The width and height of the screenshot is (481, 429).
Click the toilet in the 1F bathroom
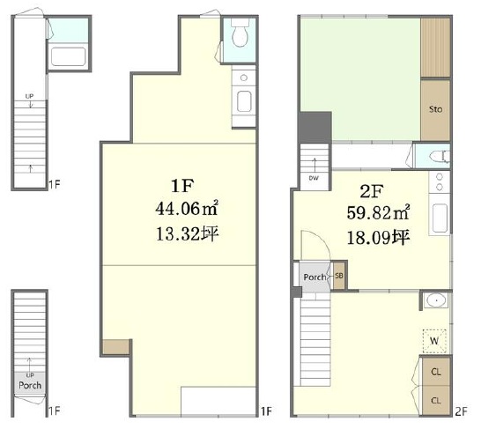coord(240,33)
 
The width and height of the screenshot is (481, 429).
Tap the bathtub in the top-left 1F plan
coord(68,56)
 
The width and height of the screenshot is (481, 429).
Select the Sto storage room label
coord(435,109)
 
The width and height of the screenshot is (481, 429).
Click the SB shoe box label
coord(338,276)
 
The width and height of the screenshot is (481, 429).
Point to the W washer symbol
coord(434,341)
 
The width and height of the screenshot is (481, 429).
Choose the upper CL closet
coord(436,372)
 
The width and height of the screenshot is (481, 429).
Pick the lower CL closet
coord(436,400)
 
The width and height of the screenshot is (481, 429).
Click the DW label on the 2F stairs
coord(314,178)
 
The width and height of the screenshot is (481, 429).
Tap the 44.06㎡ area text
coord(187,209)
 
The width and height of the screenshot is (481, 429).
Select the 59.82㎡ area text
coord(378,212)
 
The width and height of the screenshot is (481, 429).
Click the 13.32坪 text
coord(187,234)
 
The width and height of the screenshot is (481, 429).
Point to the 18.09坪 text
coord(379,237)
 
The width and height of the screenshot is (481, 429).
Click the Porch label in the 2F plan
coord(314,277)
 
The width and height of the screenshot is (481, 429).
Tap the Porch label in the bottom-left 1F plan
coord(30,385)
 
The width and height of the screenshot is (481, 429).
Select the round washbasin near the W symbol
coord(436,301)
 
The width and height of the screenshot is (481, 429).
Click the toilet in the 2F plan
coord(440,157)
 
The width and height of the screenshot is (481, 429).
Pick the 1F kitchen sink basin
coord(244,101)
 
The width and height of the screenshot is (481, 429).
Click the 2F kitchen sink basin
coord(440,218)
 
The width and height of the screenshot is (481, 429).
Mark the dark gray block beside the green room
coord(314,127)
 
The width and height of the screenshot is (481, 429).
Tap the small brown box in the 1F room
coord(115,347)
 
